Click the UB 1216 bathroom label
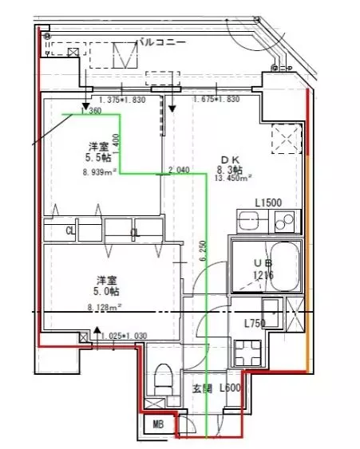pyautogui.click(x=263, y=270)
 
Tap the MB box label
pyautogui.click(x=158, y=425)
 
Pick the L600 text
pyautogui.click(x=231, y=388)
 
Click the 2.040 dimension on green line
pyautogui.click(x=180, y=169)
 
